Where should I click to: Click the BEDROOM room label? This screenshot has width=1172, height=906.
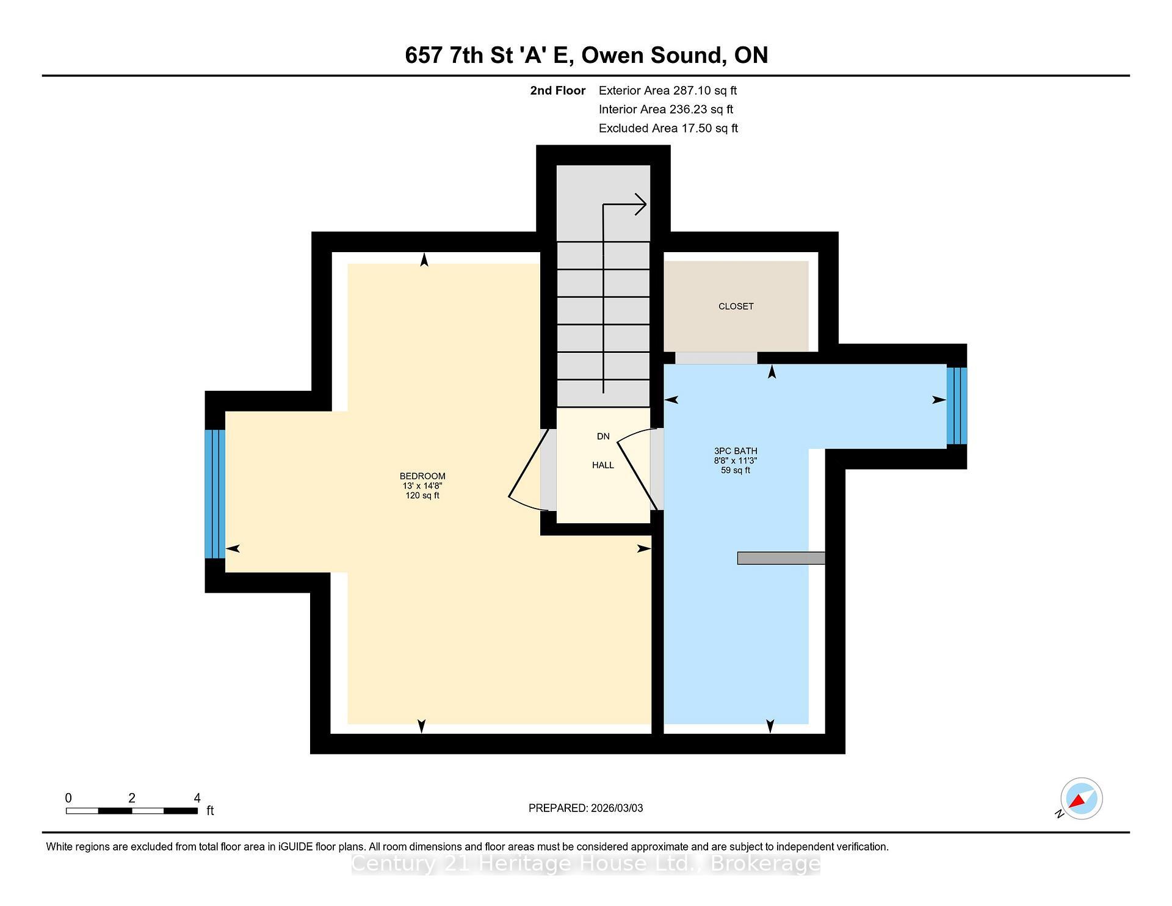point(422,476)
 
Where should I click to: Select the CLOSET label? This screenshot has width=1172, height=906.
point(736,306)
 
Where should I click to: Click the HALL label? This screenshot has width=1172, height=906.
point(603,465)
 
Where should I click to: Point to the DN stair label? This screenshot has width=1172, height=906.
point(603,437)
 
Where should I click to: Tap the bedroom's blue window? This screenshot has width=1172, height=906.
point(215,494)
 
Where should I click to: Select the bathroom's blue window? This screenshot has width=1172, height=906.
point(957,405)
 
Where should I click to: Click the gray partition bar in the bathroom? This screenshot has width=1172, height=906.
point(781,558)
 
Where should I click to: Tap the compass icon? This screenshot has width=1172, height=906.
point(1081,799)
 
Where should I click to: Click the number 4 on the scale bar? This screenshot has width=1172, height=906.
point(197,798)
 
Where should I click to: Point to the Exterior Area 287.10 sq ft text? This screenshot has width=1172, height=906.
point(667,91)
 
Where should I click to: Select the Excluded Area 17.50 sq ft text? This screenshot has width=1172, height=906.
point(668,128)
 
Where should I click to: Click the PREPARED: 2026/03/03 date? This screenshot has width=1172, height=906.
point(585,808)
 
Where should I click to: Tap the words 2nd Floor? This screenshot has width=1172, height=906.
point(557,91)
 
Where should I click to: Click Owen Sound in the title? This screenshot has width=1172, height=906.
point(652,56)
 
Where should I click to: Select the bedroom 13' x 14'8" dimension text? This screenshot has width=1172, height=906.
point(422,486)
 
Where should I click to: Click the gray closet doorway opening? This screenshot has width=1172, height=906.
point(715,358)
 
